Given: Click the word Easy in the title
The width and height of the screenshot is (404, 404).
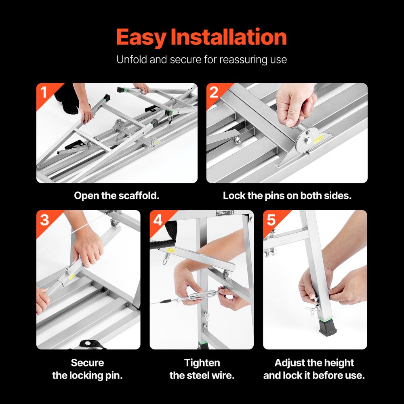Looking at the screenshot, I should [141, 38].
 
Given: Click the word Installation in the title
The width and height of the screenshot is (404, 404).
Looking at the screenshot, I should [229, 37].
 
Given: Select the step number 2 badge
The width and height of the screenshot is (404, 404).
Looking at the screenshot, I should [214, 93].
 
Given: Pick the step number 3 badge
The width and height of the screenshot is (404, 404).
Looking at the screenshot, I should [44, 220].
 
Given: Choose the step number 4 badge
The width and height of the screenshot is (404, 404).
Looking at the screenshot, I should [158, 220].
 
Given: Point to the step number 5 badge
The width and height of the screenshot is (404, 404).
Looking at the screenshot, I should [271, 220].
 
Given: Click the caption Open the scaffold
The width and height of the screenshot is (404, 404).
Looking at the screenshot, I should [117, 196].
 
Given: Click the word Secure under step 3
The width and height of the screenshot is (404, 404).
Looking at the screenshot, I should [87, 363].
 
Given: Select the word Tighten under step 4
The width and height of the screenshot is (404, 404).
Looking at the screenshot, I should [202, 363].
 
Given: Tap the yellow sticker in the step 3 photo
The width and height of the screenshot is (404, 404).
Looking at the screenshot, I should [69, 278].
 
